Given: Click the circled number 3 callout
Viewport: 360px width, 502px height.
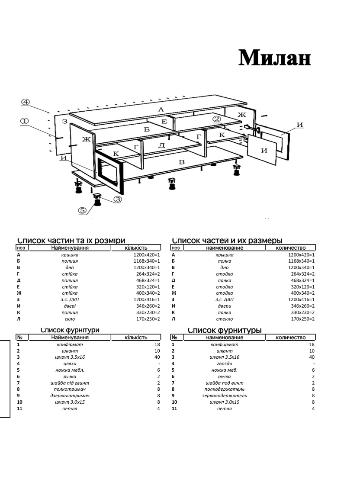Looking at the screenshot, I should (x=118, y=200).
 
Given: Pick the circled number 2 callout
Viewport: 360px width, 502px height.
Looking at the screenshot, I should (x=216, y=119).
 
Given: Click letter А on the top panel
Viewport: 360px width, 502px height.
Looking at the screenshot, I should (x=161, y=109).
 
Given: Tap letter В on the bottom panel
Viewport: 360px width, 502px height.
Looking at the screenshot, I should (x=182, y=161).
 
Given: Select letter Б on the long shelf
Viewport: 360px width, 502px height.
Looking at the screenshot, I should (x=147, y=129).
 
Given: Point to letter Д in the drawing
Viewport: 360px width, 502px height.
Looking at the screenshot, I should (x=161, y=145).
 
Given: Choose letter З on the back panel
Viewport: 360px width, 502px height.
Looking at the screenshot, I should (x=64, y=122).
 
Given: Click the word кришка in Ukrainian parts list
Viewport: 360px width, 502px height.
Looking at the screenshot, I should (x=70, y=255).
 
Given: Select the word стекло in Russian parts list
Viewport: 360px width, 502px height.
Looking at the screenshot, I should (x=224, y=319).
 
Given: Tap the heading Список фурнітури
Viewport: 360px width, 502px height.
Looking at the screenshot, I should (x=70, y=330).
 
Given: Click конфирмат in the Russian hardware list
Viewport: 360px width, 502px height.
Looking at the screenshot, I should (x=224, y=344).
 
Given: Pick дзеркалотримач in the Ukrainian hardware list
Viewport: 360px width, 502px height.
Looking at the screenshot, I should (x=70, y=396).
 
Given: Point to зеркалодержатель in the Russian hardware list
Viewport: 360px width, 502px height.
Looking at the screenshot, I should (x=224, y=396).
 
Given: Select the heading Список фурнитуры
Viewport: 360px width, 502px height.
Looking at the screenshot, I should (x=225, y=330).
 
